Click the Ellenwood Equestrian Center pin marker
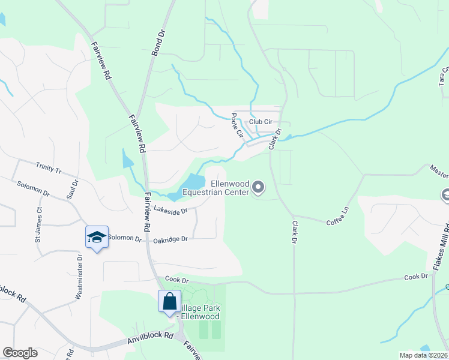(258, 188)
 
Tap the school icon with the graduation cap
(97, 238)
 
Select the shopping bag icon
(169, 301)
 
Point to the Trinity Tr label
(49, 167)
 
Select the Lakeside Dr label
(171, 210)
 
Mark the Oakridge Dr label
(170, 239)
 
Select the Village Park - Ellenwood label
(200, 312)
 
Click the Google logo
(20, 353)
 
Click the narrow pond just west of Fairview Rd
(127, 158)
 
